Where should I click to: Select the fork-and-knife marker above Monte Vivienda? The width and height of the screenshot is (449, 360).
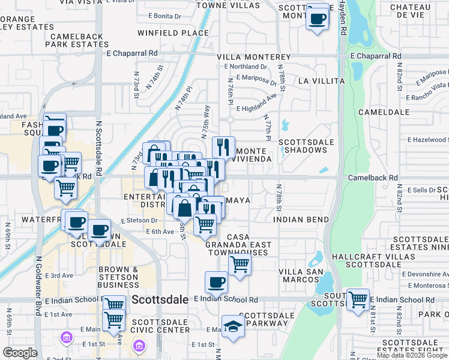223,147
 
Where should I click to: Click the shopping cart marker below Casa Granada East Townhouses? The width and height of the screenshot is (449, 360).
240,263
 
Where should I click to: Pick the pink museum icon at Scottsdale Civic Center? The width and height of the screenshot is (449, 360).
139,346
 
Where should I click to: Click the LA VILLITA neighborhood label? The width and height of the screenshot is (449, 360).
321,80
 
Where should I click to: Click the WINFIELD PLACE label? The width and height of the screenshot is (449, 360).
164,32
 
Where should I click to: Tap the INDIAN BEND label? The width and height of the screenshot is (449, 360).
301,220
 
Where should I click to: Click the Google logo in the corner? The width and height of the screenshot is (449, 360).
20,353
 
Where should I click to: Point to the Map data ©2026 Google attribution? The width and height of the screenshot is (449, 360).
412,355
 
